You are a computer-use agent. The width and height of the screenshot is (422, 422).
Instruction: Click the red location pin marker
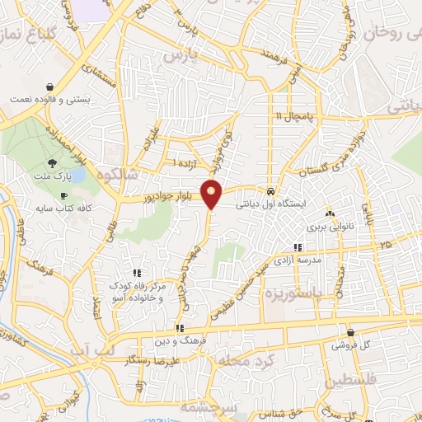click(x=212, y=194)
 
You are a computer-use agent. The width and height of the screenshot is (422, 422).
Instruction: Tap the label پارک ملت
click(x=58, y=177)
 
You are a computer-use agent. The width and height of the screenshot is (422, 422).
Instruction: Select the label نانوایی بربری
click(x=328, y=227)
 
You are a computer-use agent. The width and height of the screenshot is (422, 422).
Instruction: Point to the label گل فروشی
click(x=352, y=344)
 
